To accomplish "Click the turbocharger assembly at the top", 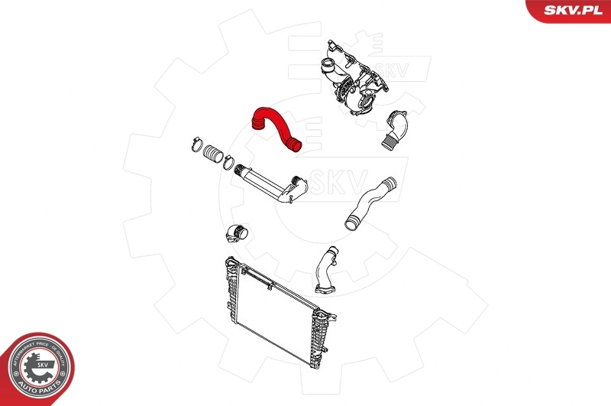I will click(x=358, y=80).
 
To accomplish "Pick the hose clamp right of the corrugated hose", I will click(x=228, y=161).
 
